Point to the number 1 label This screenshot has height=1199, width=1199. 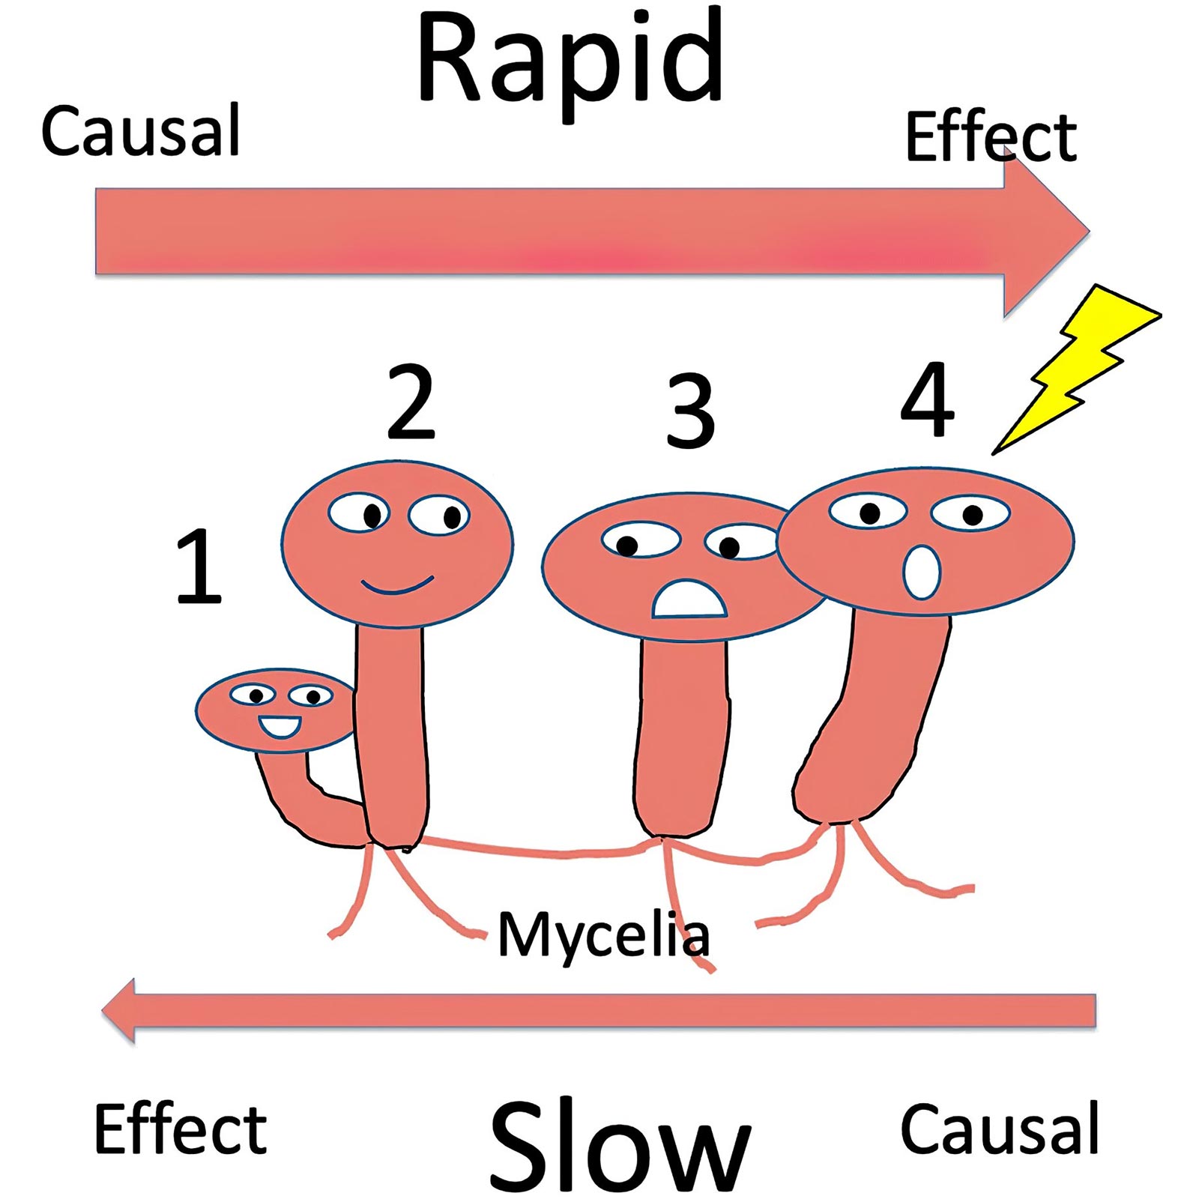(x=199, y=566)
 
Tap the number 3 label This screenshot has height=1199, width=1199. (x=690, y=411)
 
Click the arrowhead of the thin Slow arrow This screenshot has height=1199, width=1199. (x=120, y=1010)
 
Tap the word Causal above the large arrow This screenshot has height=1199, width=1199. (x=140, y=131)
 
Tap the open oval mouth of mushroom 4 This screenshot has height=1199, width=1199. (x=922, y=573)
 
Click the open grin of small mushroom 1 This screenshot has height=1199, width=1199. (x=280, y=726)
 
